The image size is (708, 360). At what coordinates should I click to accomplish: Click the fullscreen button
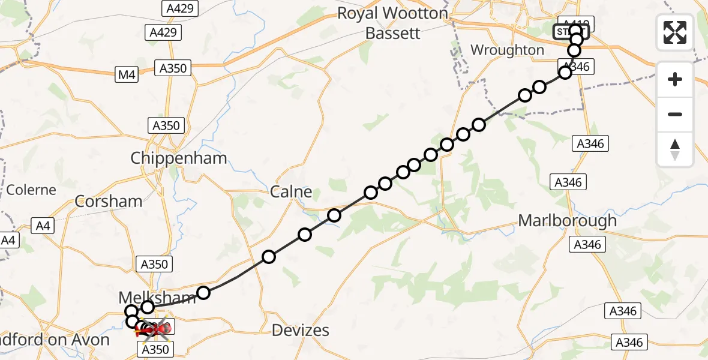(675, 32)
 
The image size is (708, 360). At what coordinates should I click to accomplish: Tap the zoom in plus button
(675, 79)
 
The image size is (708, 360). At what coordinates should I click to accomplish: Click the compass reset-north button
(675, 149)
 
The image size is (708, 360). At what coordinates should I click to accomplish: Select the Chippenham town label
(179, 158)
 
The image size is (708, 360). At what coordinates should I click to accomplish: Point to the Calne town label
(291, 192)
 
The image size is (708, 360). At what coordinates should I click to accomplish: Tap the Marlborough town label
(567, 220)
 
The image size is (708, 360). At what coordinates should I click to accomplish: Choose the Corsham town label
(109, 201)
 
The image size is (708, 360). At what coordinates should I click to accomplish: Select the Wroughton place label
(507, 50)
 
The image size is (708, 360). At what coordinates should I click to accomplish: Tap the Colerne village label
(31, 190)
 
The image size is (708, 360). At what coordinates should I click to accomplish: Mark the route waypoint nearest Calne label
(334, 215)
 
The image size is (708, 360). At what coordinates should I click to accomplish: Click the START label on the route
(570, 31)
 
